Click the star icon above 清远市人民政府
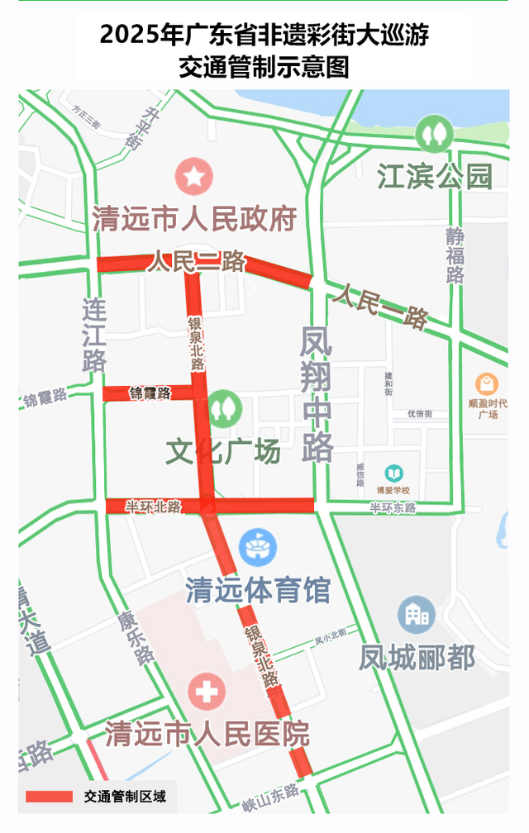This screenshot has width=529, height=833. (x=194, y=176)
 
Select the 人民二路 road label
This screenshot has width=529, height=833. (x=197, y=263)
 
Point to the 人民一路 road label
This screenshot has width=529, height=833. (x=380, y=305)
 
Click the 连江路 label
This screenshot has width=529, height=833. (x=94, y=336)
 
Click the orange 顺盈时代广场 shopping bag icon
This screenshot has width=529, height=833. (x=487, y=384)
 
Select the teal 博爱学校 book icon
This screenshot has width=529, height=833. (x=393, y=473)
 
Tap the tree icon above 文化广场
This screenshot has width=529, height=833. (x=222, y=407)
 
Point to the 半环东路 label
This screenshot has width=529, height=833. (x=393, y=507)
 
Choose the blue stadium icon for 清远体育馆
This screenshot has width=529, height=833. (x=257, y=547)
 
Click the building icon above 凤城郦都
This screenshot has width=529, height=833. (x=417, y=615)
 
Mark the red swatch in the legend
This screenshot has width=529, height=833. (x=50, y=797)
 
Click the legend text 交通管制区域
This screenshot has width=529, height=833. (x=124, y=797)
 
